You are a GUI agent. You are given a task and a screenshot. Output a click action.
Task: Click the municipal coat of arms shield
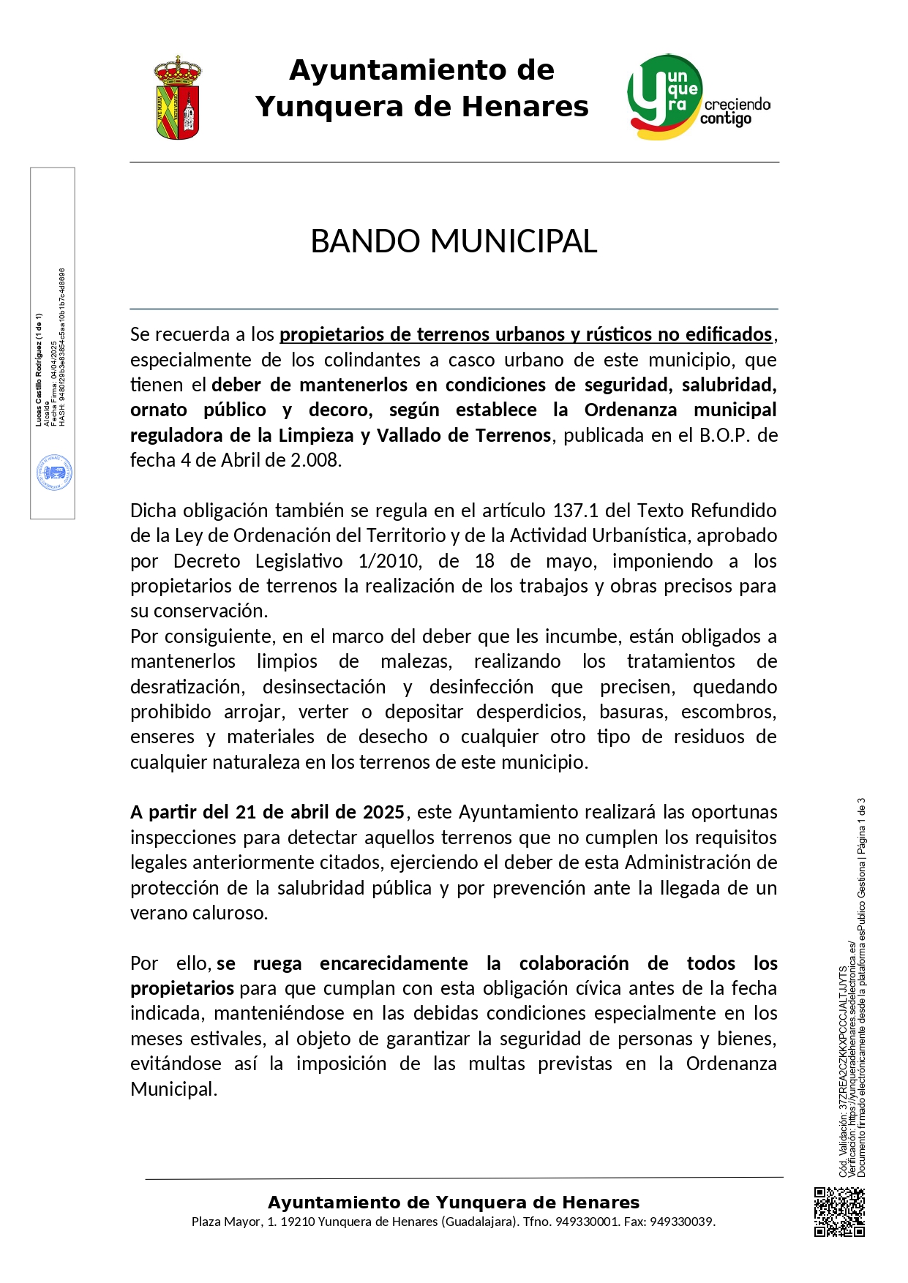pyautogui.click(x=177, y=98)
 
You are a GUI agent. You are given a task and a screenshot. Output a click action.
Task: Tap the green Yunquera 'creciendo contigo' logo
pyautogui.click(x=697, y=97)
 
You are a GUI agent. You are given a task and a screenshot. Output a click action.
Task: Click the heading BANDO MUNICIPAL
pyautogui.click(x=454, y=241)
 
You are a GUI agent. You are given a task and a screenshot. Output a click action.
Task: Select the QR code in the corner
pyautogui.click(x=839, y=1212)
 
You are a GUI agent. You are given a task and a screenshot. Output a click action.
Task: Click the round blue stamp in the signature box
pyautogui.click(x=54, y=473)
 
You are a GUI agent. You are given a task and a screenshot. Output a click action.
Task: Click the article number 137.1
pyautogui.click(x=577, y=510)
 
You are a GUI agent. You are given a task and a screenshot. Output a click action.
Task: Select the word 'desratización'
pyautogui.click(x=187, y=687)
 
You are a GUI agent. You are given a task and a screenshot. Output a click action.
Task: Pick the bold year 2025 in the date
pyautogui.click(x=383, y=812)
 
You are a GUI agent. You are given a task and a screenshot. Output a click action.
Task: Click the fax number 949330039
pyautogui.click(x=682, y=1222)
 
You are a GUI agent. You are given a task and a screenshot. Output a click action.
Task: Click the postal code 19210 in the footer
pyautogui.click(x=298, y=1222)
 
